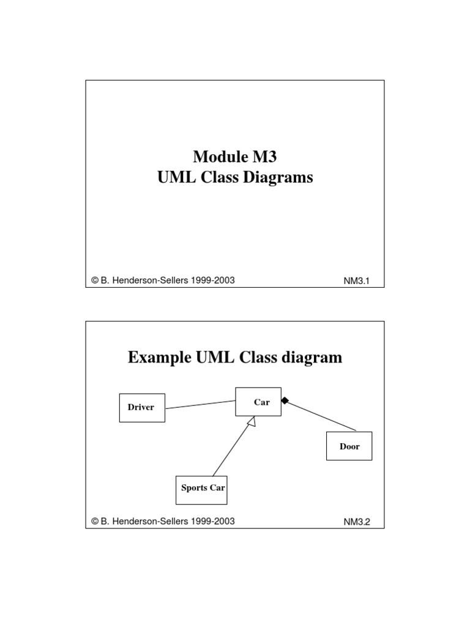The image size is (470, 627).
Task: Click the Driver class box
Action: click(x=142, y=408)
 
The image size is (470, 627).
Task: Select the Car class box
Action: click(x=258, y=402)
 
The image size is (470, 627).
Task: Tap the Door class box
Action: click(x=349, y=446)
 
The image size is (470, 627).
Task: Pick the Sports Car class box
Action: click(x=201, y=490)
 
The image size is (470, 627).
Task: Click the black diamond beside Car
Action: click(x=285, y=400)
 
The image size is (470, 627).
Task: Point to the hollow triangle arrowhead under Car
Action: click(x=252, y=421)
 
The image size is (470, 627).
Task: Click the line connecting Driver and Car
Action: click(x=200, y=405)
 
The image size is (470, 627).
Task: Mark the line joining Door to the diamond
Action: click(x=322, y=416)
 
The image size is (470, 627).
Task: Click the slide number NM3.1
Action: click(x=357, y=281)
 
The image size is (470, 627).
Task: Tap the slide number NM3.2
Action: click(x=357, y=522)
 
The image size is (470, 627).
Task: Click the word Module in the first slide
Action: click(x=218, y=157)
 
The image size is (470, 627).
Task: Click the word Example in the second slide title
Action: click(x=160, y=358)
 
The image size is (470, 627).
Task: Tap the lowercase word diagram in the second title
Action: click(x=311, y=358)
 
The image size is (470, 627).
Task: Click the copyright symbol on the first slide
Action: click(x=95, y=280)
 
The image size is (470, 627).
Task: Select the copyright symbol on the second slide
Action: click(x=95, y=521)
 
